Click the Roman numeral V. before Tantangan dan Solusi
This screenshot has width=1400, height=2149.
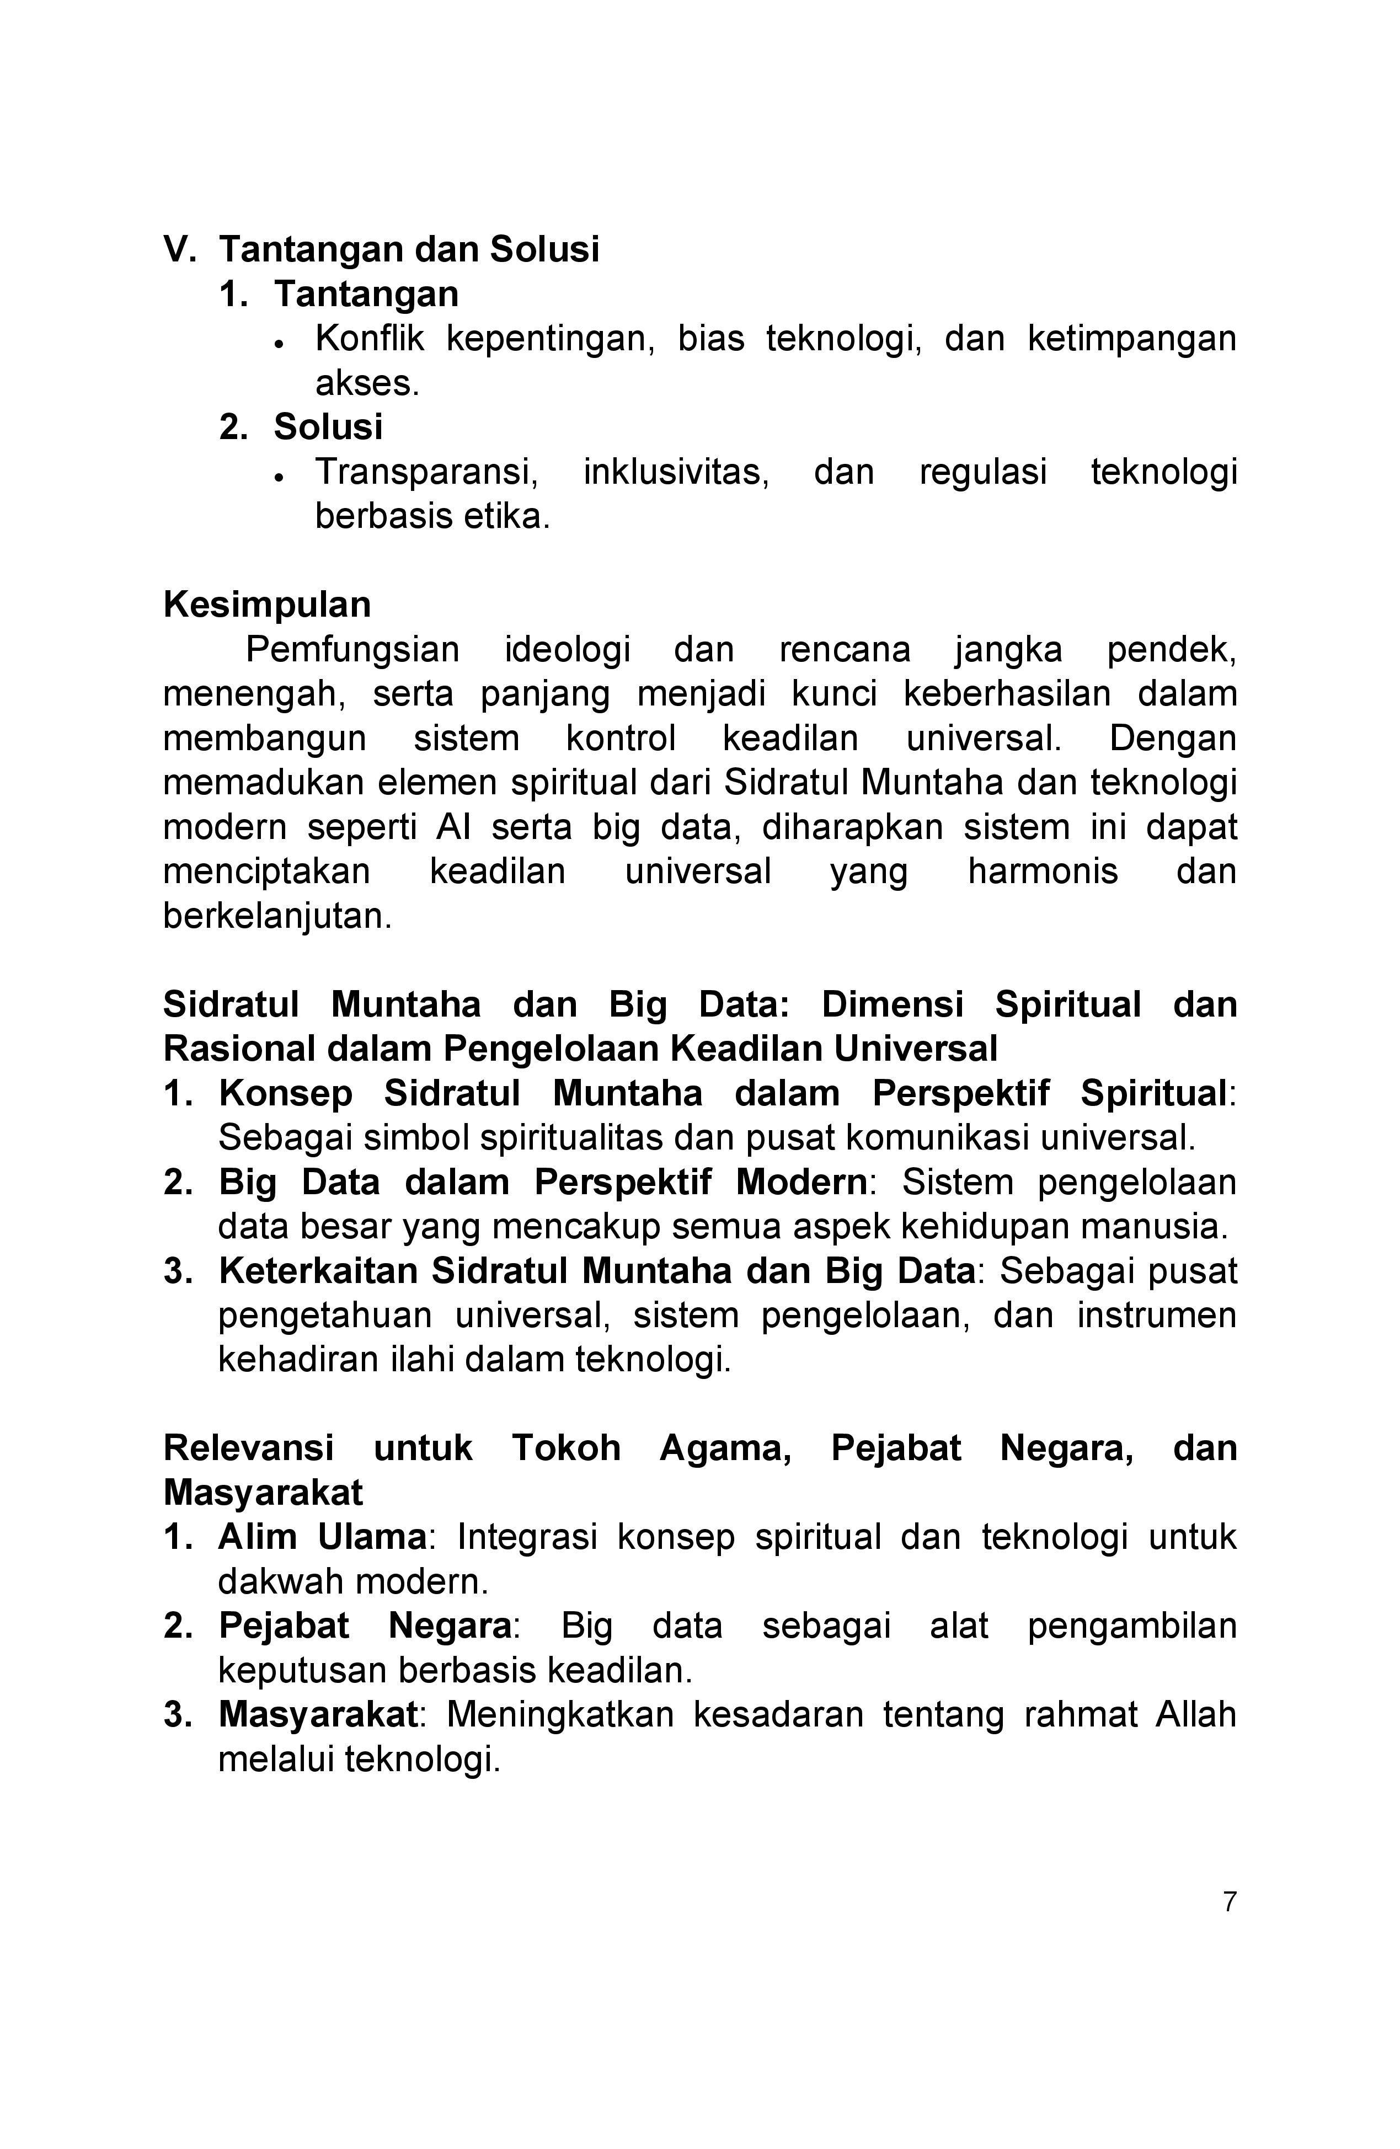[179, 249]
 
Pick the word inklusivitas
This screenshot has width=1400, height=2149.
[676, 472]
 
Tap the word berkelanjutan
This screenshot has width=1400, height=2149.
[277, 917]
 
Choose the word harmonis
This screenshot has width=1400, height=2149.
[1043, 872]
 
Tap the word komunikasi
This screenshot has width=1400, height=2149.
[936, 1138]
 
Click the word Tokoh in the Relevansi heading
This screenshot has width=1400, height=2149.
[567, 1448]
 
